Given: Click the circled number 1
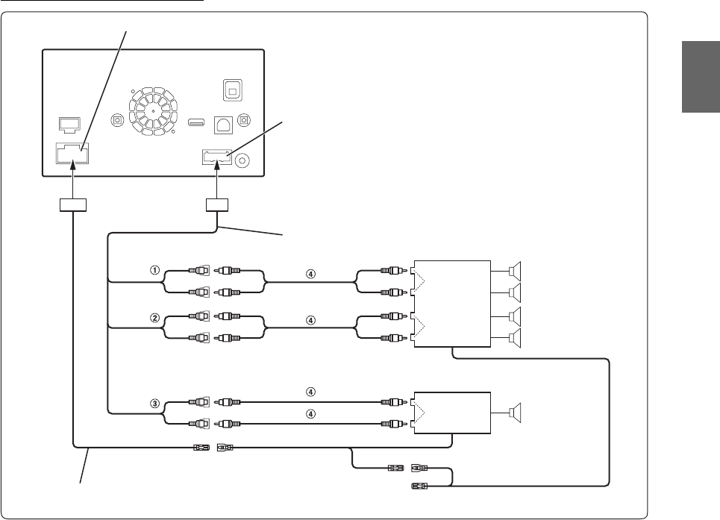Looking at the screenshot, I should [155, 271].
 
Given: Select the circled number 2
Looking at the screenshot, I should [155, 317].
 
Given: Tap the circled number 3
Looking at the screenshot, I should [155, 404].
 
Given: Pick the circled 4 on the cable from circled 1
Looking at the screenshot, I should [311, 273].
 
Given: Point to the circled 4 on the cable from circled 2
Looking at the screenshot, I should [311, 320].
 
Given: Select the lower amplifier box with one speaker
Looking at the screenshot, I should [451, 412].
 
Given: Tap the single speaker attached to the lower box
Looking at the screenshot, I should [516, 412].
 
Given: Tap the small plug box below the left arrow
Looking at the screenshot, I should [72, 205].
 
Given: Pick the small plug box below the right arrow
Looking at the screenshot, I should [216, 205].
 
